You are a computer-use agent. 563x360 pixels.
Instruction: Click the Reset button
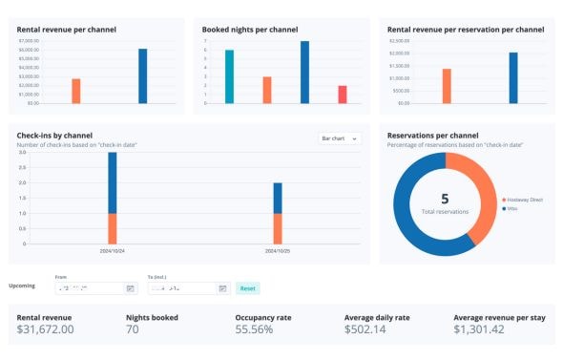click(247, 287)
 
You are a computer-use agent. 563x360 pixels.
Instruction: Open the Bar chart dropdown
click(339, 138)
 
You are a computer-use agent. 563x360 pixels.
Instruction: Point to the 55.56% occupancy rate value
click(254, 329)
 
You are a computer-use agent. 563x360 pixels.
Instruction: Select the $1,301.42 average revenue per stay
click(487, 329)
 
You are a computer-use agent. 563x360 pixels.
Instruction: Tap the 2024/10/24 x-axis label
click(113, 251)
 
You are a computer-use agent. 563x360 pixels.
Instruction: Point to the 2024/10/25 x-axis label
click(278, 251)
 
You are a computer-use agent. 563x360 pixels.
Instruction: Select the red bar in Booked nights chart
click(342, 94)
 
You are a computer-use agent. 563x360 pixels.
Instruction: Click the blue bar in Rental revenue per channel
click(142, 75)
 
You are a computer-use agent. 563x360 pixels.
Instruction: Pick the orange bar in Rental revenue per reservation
click(446, 86)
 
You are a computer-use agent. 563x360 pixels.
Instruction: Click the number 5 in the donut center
click(445, 199)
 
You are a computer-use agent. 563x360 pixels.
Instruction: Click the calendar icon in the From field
click(130, 287)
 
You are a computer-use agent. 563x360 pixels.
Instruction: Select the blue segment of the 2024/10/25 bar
click(278, 198)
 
